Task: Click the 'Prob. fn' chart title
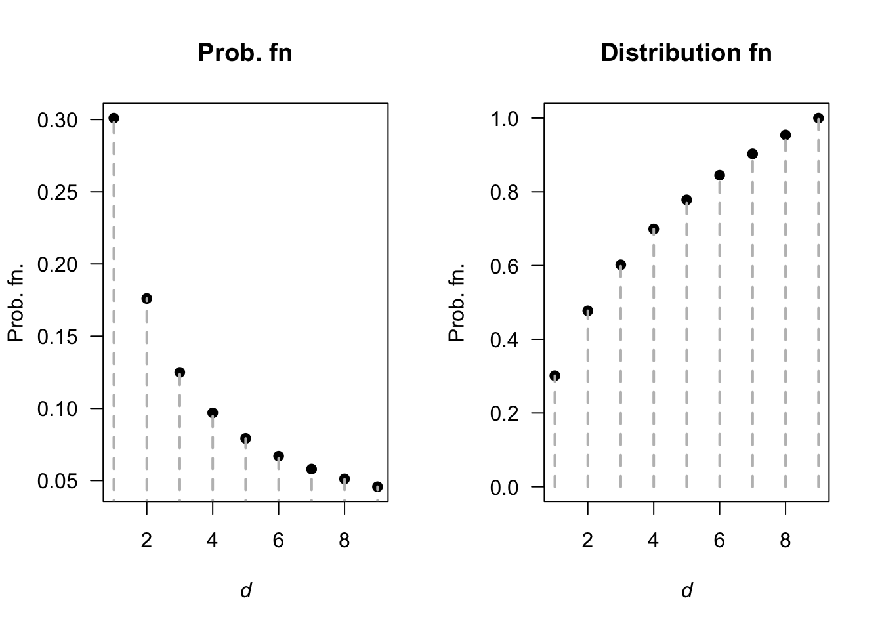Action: (x=245, y=52)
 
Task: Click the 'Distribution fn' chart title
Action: (x=686, y=52)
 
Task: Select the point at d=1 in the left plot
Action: (x=114, y=118)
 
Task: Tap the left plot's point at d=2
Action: (x=146, y=299)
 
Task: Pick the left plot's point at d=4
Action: (x=213, y=413)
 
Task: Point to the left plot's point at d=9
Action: (x=377, y=487)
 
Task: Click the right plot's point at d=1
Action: (x=555, y=376)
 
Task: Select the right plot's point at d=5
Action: (x=686, y=200)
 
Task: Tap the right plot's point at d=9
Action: (x=818, y=118)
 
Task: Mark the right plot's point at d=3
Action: (x=620, y=265)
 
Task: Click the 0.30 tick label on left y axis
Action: (x=58, y=120)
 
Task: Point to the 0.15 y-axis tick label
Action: (x=58, y=337)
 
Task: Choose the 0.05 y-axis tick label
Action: (x=58, y=481)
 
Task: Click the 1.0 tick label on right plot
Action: (x=505, y=119)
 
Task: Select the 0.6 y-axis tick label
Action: (x=505, y=266)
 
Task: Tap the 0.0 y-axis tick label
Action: (x=505, y=488)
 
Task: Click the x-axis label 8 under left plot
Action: (x=345, y=541)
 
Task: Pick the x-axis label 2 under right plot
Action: (x=587, y=541)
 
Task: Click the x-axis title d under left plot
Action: (x=245, y=591)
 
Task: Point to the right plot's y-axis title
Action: (x=457, y=303)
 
